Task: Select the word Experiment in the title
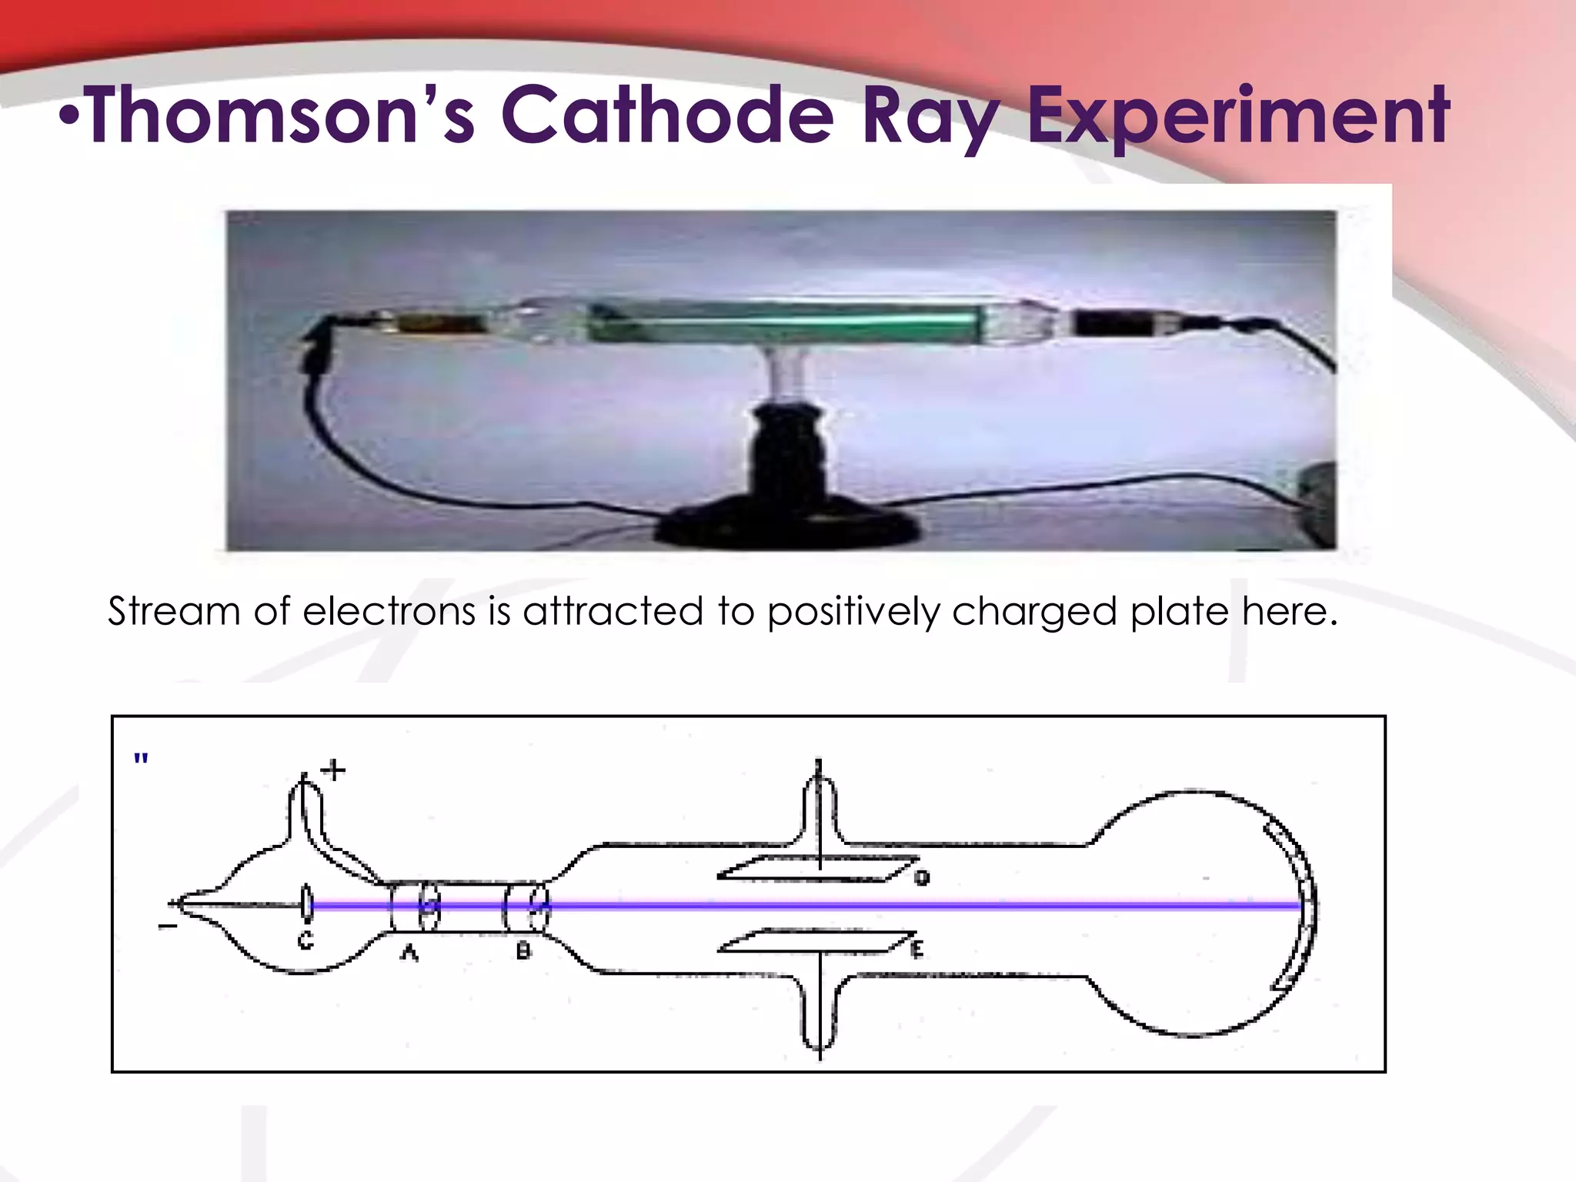1239,115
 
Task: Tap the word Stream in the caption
174,612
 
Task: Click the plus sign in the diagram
334,770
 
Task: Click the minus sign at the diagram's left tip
167,927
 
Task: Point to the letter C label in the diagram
306,940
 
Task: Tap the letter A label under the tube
409,953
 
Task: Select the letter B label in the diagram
523,951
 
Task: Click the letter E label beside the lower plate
917,950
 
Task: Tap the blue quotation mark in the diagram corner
141,759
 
